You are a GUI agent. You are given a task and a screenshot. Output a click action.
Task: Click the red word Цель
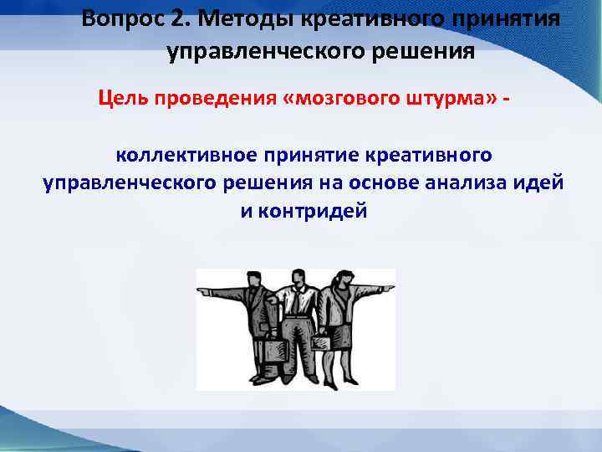coord(121,100)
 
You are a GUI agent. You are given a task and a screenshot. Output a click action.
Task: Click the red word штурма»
coord(446,100)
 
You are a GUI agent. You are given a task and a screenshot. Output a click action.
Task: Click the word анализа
coord(482,182)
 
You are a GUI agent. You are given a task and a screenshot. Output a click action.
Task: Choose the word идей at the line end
coord(544,182)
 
